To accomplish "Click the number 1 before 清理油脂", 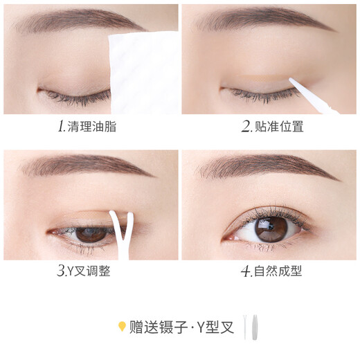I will click(61, 127).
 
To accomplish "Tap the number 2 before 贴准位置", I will click(246, 127).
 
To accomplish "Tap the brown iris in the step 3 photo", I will click(87, 234).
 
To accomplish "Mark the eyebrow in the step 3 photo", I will click(76, 166).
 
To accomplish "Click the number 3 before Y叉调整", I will click(61, 271).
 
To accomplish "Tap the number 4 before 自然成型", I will click(245, 271).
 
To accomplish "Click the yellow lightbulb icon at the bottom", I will click(122, 326).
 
